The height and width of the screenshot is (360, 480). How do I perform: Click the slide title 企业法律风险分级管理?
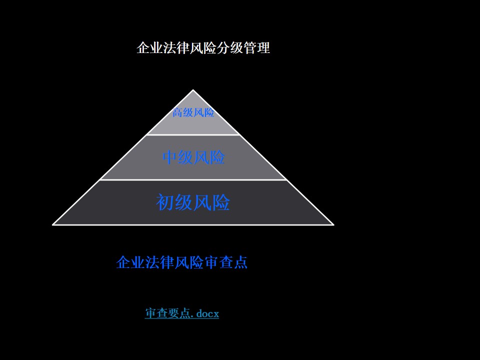pos(203,48)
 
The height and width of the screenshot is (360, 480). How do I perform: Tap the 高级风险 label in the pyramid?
pos(193,112)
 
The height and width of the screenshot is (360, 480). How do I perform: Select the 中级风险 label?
pos(193,157)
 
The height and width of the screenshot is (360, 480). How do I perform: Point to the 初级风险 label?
pos(193,202)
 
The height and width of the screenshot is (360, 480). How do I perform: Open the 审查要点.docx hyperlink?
pos(182,313)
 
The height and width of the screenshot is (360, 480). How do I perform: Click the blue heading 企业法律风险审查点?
pos(182,262)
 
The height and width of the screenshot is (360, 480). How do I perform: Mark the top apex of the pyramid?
pos(193,89)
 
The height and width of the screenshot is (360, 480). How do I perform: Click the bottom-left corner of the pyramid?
pos(52,225)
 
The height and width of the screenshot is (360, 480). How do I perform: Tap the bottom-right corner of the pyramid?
pos(333,225)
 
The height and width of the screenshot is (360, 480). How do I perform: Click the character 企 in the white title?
pos(143,48)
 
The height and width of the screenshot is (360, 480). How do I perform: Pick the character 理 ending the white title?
pos(263,48)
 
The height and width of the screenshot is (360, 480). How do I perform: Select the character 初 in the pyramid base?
pos(165,202)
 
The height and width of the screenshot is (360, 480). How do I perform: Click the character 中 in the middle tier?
pos(170,157)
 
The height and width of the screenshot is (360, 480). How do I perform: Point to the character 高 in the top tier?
pos(177,112)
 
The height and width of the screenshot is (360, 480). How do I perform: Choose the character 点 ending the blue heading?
pos(241,262)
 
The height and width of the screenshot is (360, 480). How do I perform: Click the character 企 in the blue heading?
pos(123,262)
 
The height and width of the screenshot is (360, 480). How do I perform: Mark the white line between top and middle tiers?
pos(193,134)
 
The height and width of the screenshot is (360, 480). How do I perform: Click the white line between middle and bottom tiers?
pos(193,179)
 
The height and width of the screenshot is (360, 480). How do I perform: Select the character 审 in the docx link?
pos(150,313)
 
